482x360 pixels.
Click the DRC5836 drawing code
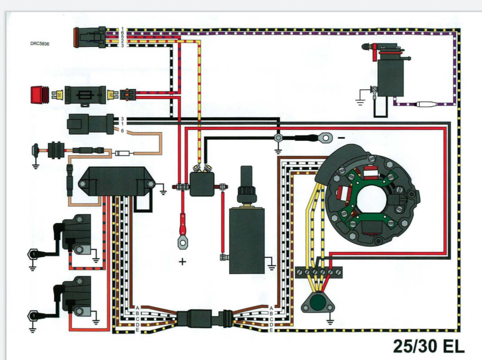(x=40, y=44)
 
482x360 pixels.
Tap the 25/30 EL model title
(x=429, y=346)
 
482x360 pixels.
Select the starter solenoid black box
(x=202, y=184)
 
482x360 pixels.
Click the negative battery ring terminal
(x=326, y=137)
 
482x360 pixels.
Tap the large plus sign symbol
(x=183, y=261)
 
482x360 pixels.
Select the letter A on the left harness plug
(x=137, y=308)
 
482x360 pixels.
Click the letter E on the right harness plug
(x=271, y=330)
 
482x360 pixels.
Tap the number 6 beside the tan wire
(x=122, y=131)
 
